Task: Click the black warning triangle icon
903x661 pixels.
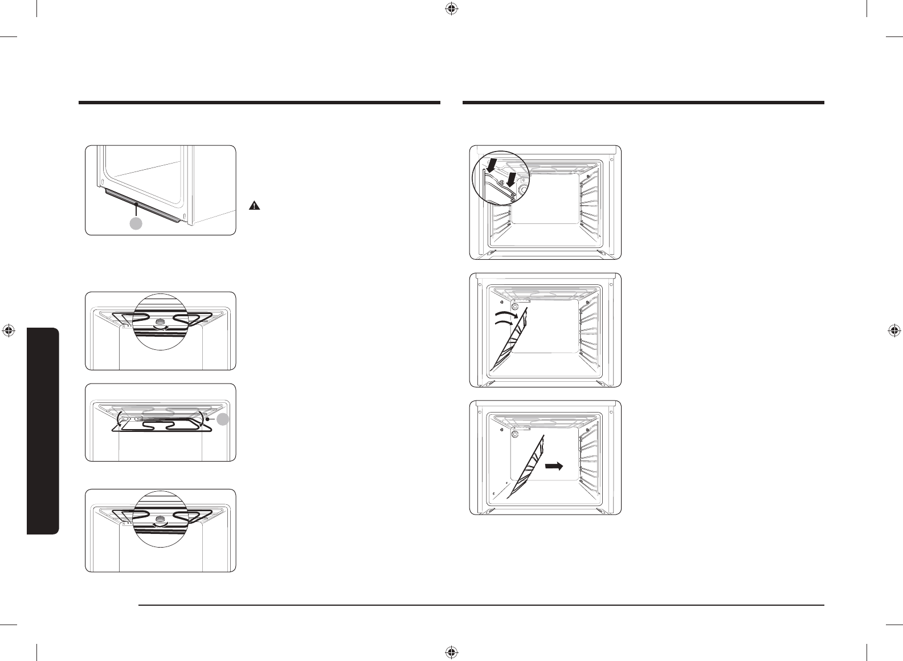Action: pyautogui.click(x=255, y=206)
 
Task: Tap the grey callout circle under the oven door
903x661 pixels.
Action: pyautogui.click(x=136, y=224)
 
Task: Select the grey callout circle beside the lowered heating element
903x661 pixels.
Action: pyautogui.click(x=224, y=419)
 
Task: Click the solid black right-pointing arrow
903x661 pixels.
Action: pyautogui.click(x=554, y=466)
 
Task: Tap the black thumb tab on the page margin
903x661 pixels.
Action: pyautogui.click(x=43, y=431)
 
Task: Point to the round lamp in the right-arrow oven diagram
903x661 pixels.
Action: pyautogui.click(x=516, y=434)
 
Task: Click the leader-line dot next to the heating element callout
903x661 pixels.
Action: pyautogui.click(x=209, y=419)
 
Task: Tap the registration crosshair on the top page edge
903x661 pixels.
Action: pyautogui.click(x=451, y=9)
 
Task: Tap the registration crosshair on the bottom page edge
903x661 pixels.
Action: pyautogui.click(x=451, y=651)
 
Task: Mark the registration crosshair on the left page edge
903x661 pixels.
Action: pyautogui.click(x=8, y=330)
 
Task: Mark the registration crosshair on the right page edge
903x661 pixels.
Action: pyautogui.click(x=894, y=330)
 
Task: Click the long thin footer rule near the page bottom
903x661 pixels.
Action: pyautogui.click(x=481, y=605)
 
